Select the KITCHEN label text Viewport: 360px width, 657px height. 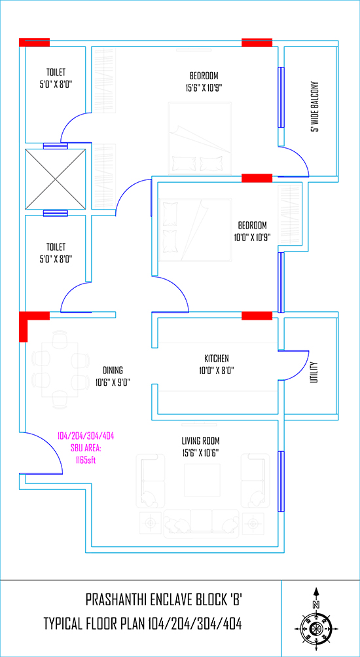(x=217, y=359)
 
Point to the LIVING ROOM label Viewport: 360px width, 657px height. (x=200, y=441)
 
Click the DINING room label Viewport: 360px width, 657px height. (x=113, y=370)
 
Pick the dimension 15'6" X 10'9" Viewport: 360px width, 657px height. (x=204, y=88)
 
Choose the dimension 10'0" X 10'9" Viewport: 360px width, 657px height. (x=253, y=237)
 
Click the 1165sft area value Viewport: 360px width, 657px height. (x=86, y=460)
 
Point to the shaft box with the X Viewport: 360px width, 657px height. (x=56, y=179)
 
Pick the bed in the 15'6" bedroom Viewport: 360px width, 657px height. (x=200, y=138)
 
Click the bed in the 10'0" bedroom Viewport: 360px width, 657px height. (x=194, y=230)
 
